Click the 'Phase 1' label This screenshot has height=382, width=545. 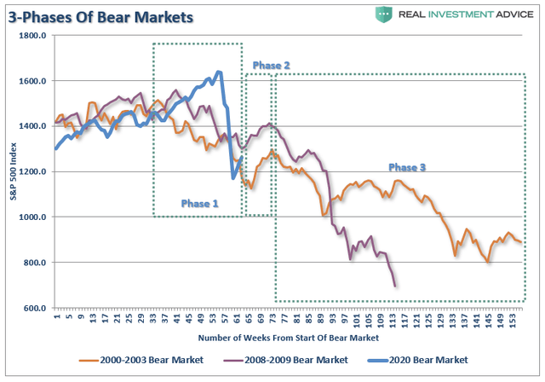[200, 204]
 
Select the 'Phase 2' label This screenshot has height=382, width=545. [272, 65]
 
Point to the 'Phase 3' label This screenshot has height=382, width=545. [407, 167]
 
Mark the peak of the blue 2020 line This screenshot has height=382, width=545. [219, 72]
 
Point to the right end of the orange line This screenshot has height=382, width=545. [521, 242]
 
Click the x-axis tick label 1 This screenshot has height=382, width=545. [56, 318]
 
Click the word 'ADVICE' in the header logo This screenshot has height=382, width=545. [506, 14]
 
